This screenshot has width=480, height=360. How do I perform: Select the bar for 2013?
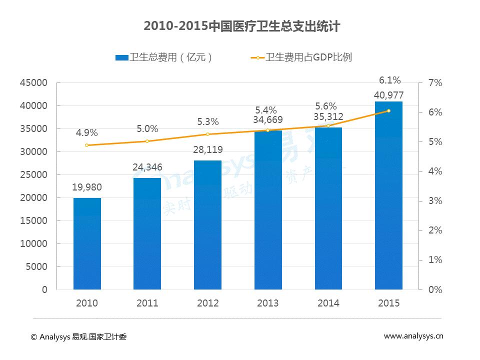[x=268, y=210]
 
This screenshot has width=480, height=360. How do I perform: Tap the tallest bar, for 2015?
[x=388, y=195]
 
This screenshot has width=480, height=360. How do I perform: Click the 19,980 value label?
[x=87, y=187]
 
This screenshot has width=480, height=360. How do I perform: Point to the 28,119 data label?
[x=207, y=149]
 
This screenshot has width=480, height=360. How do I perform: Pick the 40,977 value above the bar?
[x=388, y=95]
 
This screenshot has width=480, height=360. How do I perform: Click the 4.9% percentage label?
[x=87, y=133]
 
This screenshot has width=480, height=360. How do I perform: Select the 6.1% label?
[x=389, y=80]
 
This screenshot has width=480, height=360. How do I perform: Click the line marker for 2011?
[x=147, y=141]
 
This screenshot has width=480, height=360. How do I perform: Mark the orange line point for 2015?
[x=388, y=110]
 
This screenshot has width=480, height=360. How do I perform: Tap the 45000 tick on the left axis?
[x=34, y=83]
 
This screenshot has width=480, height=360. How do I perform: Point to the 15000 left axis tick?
[x=34, y=221]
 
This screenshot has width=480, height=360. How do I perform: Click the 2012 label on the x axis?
[x=207, y=303]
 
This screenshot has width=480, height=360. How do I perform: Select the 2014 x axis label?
[x=328, y=303]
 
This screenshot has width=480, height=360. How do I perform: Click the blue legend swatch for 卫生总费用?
[x=121, y=57]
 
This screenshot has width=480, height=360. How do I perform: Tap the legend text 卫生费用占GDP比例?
[x=309, y=57]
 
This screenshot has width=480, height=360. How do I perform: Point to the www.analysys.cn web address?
[x=413, y=336]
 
